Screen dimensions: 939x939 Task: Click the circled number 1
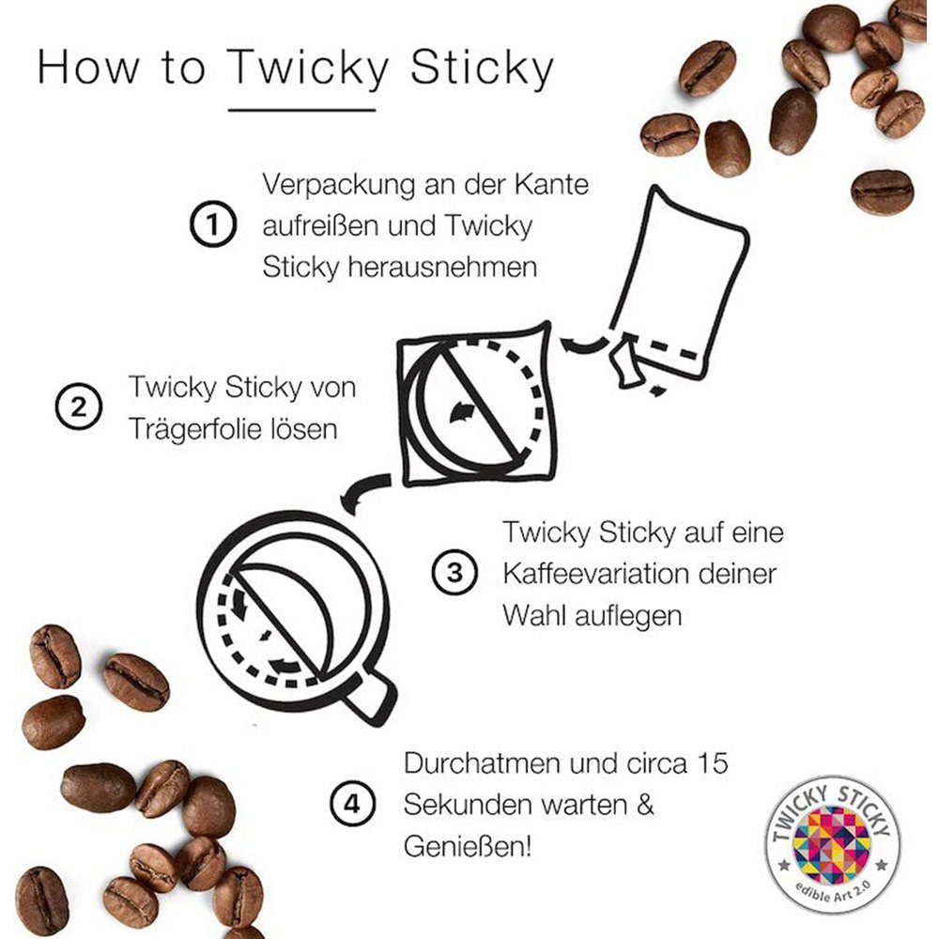[x=213, y=224]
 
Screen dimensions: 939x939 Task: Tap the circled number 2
[x=79, y=406]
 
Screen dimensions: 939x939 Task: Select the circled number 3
[x=455, y=572]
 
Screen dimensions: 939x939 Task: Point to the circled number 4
[x=353, y=803]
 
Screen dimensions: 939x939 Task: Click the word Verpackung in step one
[x=338, y=186]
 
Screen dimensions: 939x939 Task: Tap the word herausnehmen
[x=442, y=267]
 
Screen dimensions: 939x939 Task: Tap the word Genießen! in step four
[x=467, y=846]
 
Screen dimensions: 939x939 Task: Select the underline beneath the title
[x=301, y=110]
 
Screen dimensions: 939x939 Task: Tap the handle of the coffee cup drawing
[x=370, y=698]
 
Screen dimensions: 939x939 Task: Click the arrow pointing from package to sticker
[x=584, y=345]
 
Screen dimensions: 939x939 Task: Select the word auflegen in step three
[x=628, y=616]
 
